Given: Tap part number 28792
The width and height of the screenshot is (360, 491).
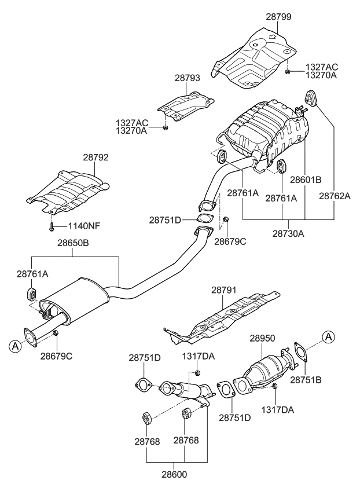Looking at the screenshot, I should coord(95,157).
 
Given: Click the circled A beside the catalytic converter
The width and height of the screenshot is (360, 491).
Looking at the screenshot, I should coord(328,336).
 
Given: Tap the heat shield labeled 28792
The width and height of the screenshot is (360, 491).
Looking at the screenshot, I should coord(69,188).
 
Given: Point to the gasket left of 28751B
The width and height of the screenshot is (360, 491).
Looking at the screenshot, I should coord(299,351).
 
